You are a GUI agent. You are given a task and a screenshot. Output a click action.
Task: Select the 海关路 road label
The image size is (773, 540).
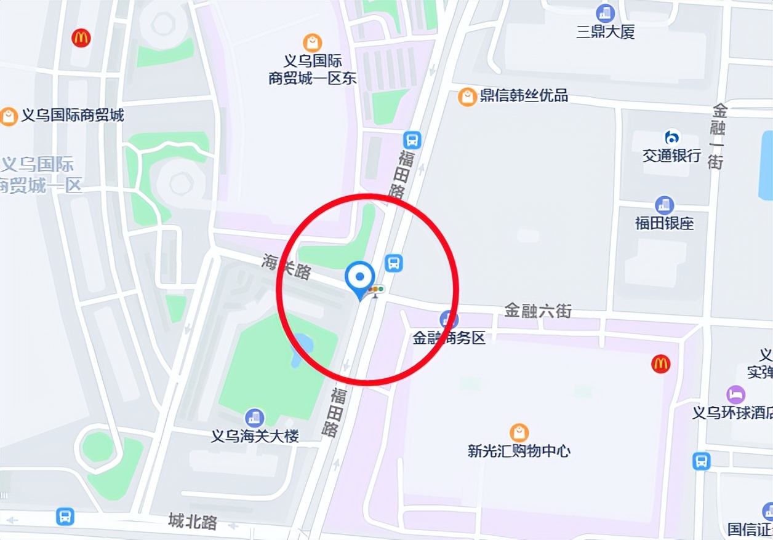point(286,266)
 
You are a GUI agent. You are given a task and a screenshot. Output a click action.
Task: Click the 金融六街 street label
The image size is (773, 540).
point(538,311)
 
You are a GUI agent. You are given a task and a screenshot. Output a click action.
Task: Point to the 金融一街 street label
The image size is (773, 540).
point(718,137)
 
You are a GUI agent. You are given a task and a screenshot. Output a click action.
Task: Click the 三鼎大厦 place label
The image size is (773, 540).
point(605,32)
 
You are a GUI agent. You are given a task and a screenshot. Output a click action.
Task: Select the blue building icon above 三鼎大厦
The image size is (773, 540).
point(605,12)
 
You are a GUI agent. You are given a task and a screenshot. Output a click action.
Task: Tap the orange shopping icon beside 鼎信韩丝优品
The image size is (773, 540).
point(467,97)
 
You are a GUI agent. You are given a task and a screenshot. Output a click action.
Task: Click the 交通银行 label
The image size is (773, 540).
point(671,156)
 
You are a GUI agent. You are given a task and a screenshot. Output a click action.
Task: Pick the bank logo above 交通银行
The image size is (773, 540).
point(671,137)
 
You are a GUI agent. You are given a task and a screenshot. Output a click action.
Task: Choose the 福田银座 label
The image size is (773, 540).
point(664,223)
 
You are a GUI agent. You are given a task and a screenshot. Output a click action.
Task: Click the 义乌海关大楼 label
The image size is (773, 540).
point(255,436)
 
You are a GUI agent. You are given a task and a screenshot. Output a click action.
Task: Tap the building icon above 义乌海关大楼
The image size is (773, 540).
point(254,418)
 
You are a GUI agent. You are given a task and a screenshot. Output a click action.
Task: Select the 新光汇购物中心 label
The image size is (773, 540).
point(519,451)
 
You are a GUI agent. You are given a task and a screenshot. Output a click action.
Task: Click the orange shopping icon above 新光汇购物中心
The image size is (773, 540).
point(519,432)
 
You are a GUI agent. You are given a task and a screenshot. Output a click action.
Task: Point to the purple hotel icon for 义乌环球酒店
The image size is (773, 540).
point(735,394)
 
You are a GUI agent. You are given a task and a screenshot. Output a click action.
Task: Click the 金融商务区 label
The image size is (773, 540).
point(449,338)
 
